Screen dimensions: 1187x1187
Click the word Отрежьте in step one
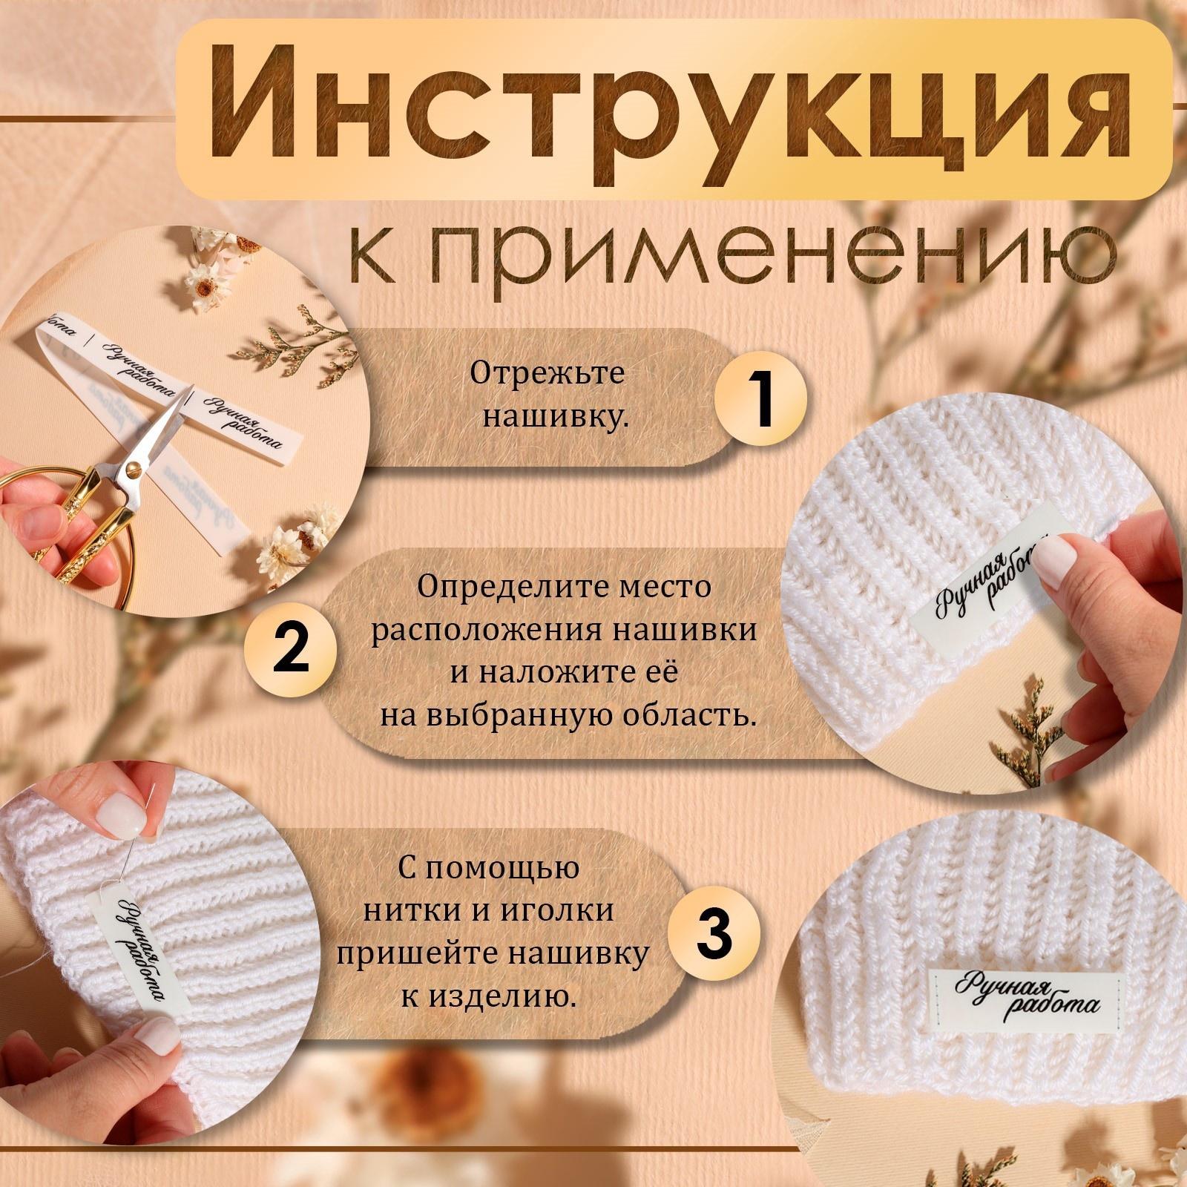coord(548,374)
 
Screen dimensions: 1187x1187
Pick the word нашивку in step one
coord(555,417)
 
